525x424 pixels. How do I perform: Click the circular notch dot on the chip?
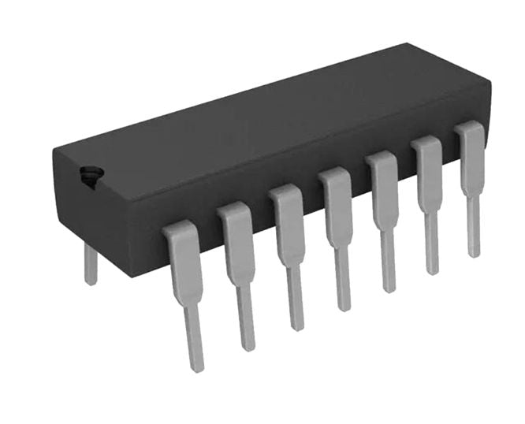click(89, 177)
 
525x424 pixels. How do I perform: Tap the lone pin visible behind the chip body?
click(91, 264)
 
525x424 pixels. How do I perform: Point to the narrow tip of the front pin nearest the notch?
click(194, 343)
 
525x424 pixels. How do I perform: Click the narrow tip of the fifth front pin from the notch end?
click(388, 268)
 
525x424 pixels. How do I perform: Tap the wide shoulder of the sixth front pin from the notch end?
click(429, 173)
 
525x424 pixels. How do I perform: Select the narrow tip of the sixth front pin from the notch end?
click(432, 251)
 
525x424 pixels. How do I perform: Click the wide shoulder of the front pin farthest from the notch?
click(472, 158)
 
